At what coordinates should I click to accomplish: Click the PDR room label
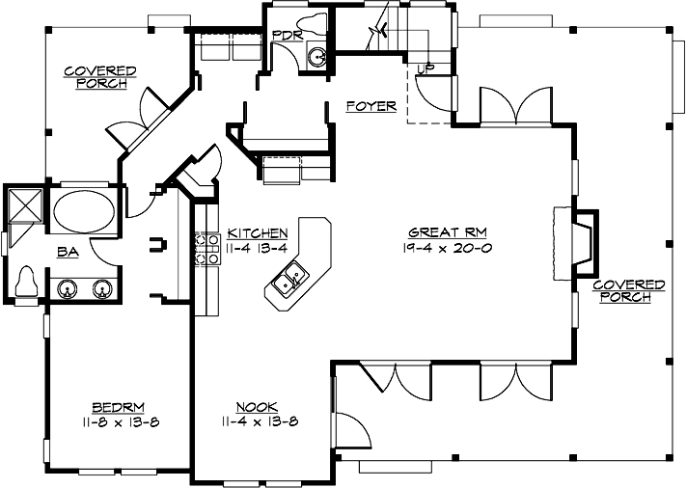287,36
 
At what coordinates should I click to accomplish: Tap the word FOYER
370,106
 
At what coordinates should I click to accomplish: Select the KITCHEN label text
258,232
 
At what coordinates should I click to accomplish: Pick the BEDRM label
112,406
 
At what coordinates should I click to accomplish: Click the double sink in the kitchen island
290,282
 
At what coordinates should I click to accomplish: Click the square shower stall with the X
22,205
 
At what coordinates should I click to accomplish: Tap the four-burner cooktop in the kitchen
204,248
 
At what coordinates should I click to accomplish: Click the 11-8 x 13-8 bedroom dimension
112,421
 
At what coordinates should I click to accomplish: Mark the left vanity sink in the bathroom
69,286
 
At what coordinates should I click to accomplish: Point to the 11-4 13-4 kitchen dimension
258,247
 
